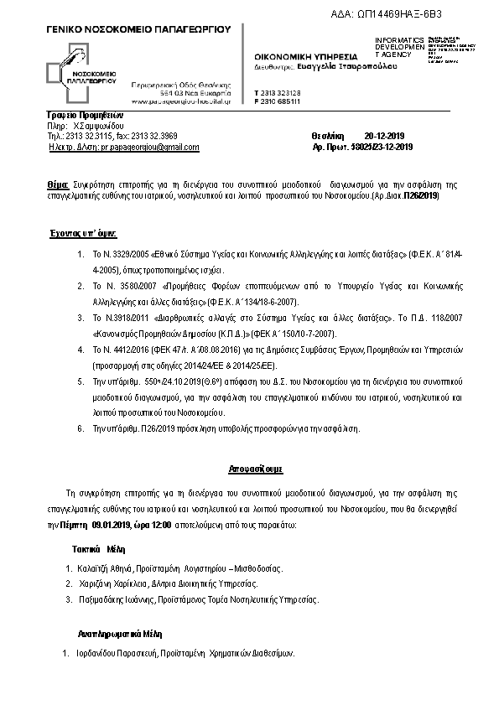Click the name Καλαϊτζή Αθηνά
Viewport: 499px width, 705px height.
(x=112, y=569)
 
